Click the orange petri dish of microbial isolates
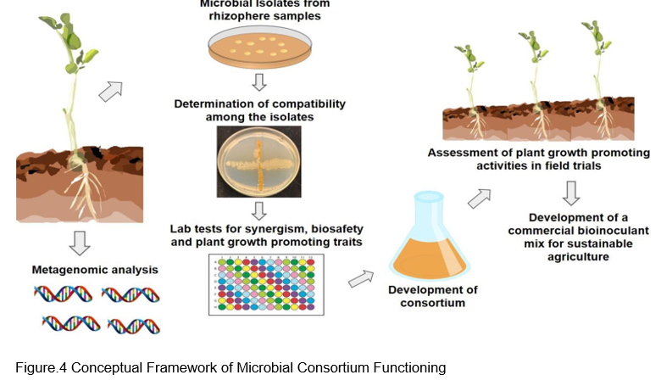[x=260, y=48]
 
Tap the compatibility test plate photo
[x=258, y=161]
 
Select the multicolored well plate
[x=266, y=284]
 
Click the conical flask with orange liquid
[x=429, y=236]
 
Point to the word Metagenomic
[x=69, y=270]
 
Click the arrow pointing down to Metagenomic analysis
[x=80, y=243]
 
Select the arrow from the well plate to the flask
[x=361, y=278]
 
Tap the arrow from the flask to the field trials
[x=480, y=199]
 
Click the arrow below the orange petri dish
[x=259, y=82]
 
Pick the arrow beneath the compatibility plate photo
[x=258, y=211]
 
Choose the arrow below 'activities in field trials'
[x=571, y=193]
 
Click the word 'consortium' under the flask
[x=432, y=303]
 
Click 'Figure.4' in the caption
[x=42, y=368]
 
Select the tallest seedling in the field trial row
[x=598, y=78]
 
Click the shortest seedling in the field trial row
[x=471, y=91]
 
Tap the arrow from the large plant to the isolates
[x=110, y=92]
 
